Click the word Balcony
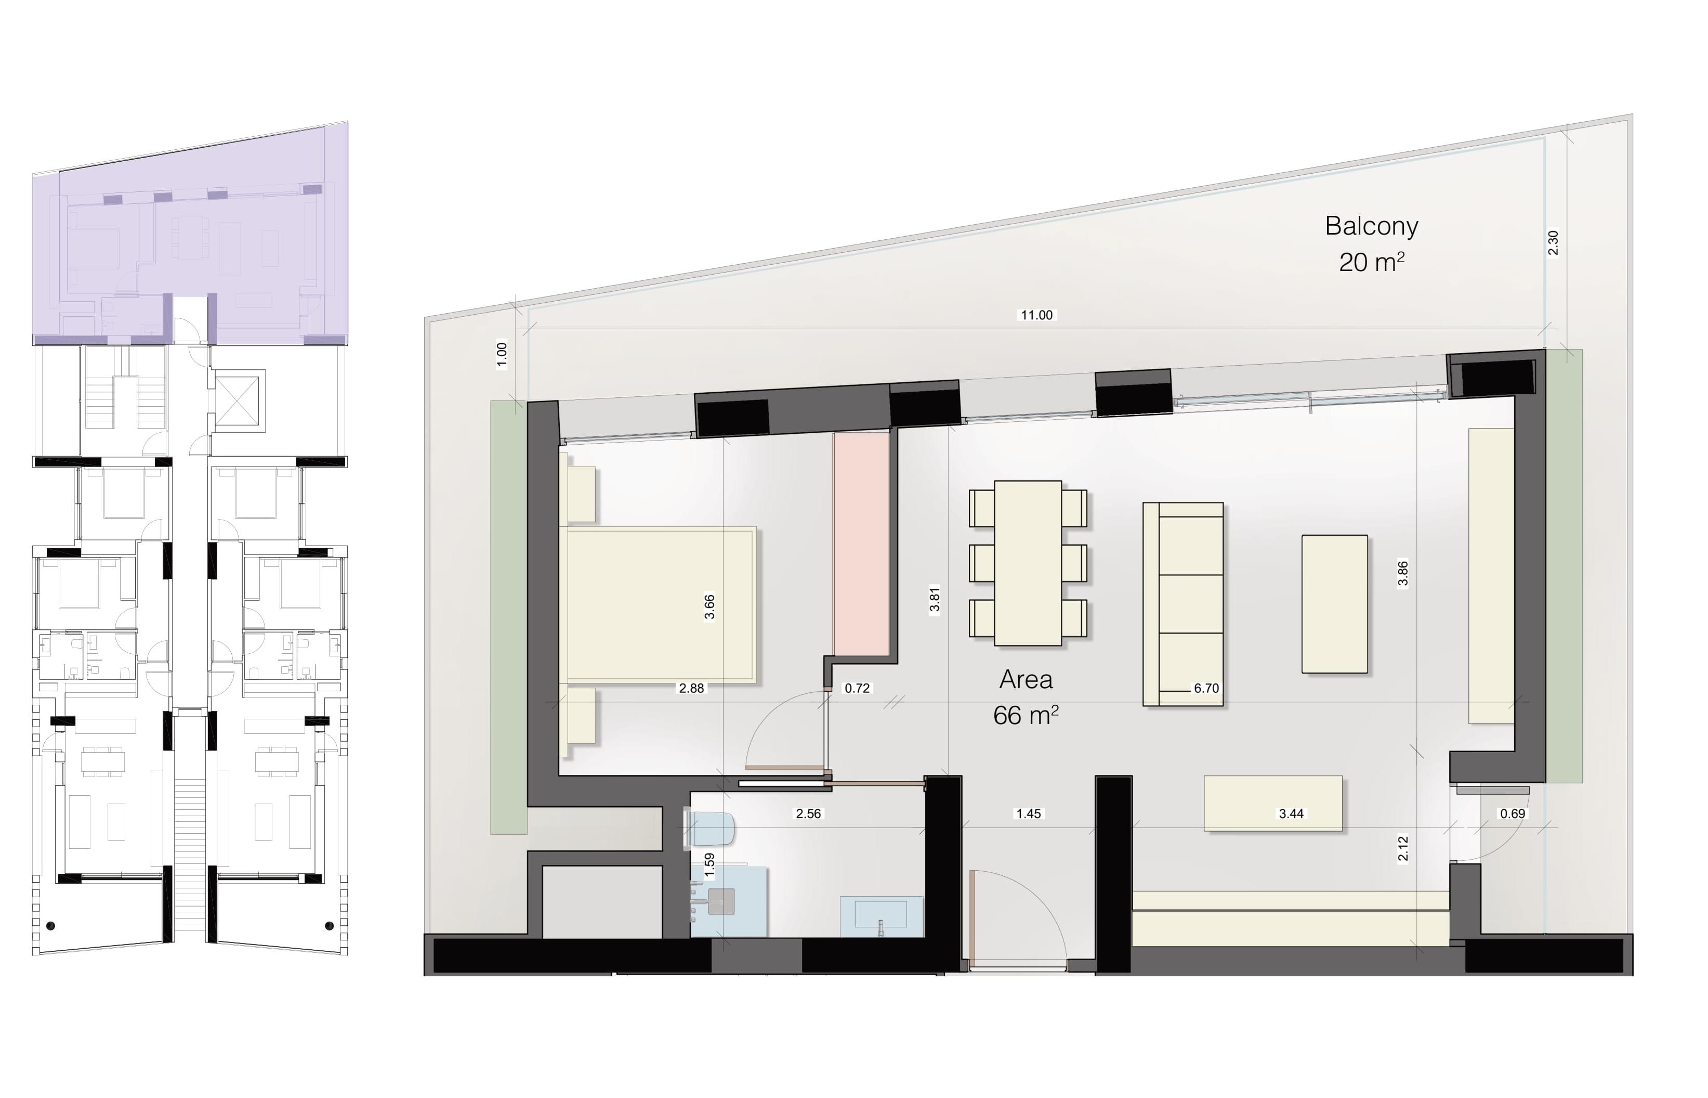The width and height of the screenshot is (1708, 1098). coord(1371,226)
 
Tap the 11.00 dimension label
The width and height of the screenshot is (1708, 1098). coord(1036,315)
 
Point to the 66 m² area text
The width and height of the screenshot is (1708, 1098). coord(1026,715)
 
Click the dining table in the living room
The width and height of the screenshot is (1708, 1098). coord(1028,563)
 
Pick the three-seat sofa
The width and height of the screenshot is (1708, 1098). coord(1183,604)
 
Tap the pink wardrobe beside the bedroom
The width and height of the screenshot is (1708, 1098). coord(861,544)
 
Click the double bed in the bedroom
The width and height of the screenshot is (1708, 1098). coord(661,604)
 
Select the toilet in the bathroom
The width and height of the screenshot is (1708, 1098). coord(709,829)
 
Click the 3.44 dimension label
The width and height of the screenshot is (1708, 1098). coord(1291,813)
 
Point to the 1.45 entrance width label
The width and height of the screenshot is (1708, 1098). coord(1028,813)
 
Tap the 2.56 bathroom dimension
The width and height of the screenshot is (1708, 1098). coord(808,813)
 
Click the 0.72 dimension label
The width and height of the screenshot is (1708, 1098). coord(857,688)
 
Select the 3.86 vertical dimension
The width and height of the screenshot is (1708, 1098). coord(1402,573)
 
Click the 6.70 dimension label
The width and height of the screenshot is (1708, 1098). coord(1206,688)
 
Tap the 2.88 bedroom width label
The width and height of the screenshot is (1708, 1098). coord(691,688)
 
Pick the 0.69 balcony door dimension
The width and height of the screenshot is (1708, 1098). coord(1512,813)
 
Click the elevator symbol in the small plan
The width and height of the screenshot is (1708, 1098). coord(240,401)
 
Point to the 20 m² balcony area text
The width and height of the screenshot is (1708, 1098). coord(1371,262)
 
